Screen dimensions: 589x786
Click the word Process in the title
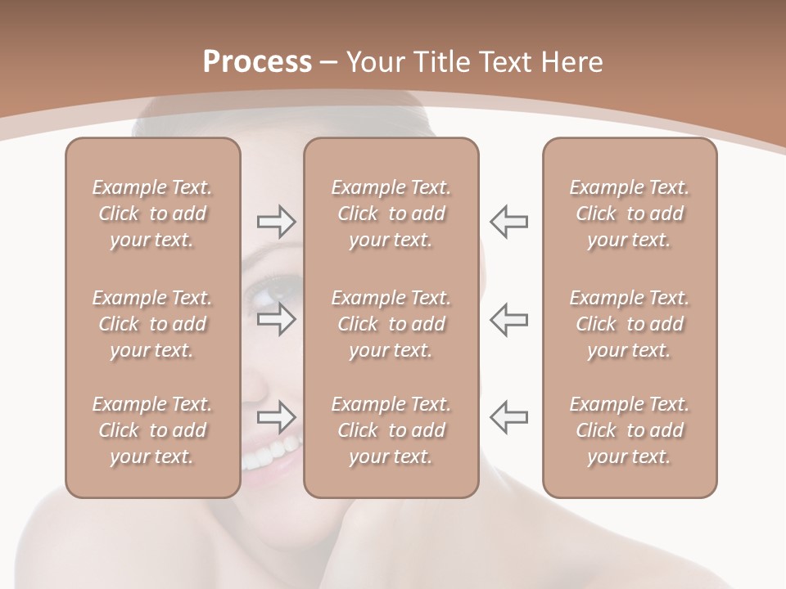257,62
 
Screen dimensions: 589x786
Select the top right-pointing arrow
276,221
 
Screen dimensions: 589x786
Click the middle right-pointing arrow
276,319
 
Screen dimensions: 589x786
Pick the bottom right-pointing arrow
276,417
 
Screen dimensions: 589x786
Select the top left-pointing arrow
508,221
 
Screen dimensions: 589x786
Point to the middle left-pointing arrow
508,319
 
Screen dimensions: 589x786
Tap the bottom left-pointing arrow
508,417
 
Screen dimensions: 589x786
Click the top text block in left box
152,214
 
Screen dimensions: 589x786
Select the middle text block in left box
152,324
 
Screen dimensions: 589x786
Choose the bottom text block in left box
152,430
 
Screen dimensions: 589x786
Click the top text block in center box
391,214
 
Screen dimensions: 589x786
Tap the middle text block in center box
391,324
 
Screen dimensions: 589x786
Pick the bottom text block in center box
391,430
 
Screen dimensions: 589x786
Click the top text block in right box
629,214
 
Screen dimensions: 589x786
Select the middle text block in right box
629,324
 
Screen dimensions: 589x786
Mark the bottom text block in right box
629,430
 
